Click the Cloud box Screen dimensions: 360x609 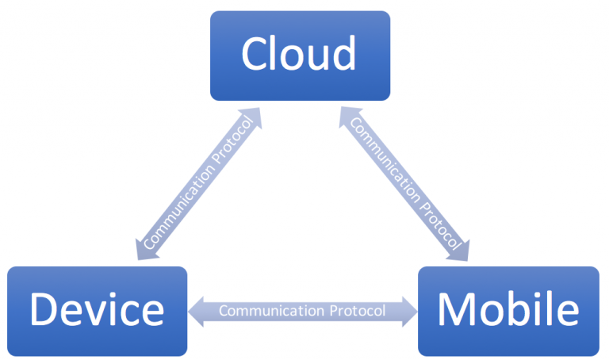tap(300, 56)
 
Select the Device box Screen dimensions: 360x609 tap(97, 311)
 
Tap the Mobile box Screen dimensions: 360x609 tap(508, 311)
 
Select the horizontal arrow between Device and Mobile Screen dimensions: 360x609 tap(302, 310)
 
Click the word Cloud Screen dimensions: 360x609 tap(299, 54)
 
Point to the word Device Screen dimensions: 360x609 tap(97, 309)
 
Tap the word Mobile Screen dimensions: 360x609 tap(508, 309)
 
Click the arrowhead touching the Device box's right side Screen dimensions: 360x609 tap(198, 310)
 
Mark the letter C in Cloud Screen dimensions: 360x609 tap(254, 54)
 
